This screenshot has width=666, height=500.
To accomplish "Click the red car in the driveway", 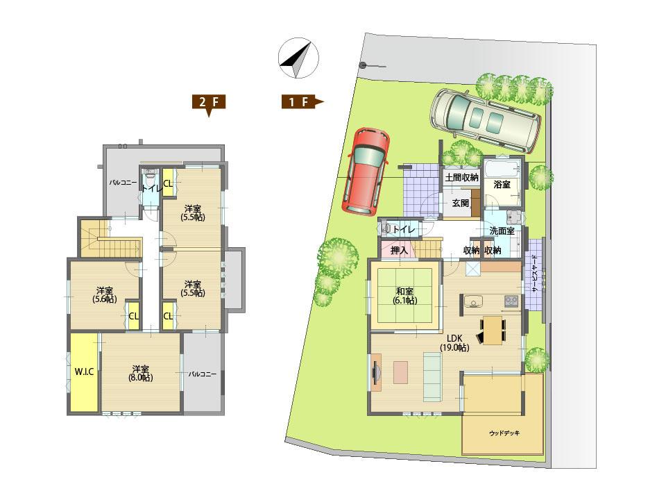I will (367, 171).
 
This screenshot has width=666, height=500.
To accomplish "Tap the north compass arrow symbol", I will (296, 58).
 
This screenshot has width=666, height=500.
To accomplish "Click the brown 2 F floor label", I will (208, 103).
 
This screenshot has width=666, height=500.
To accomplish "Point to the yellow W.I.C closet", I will (84, 372).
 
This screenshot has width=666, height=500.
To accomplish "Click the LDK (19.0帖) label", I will (454, 342).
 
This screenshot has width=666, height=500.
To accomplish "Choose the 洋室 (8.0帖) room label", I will (140, 374).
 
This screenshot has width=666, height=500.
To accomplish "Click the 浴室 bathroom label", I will (502, 185).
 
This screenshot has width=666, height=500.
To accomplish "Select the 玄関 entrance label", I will (461, 203).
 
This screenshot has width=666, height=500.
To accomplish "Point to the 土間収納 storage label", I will (461, 178).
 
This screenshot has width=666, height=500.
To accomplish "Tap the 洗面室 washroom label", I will (502, 231).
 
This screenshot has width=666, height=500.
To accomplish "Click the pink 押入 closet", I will (398, 250).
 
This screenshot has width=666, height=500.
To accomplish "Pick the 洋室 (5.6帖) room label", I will (105, 294).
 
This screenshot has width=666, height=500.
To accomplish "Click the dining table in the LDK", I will (492, 329).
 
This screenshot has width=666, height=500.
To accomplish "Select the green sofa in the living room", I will (432, 376).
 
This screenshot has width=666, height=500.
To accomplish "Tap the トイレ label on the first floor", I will (403, 228).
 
